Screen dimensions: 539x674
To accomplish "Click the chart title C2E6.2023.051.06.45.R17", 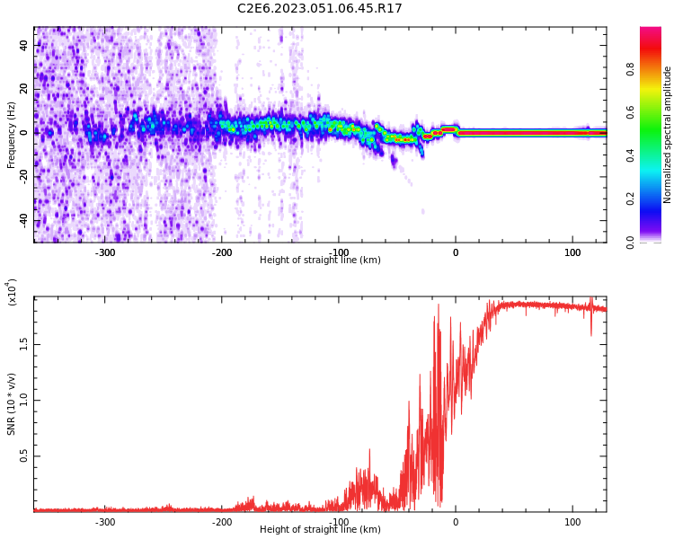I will click(320, 9).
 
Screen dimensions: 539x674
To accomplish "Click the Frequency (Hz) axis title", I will click(12, 135).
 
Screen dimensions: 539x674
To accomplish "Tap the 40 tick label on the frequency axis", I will click(25, 45).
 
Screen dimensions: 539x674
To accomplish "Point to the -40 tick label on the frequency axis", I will click(25, 220).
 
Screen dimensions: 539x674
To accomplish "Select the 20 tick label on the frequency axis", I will click(25, 88).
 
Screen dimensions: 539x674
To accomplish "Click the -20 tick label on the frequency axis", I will click(25, 176).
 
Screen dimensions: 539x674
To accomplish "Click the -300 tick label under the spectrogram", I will click(105, 252).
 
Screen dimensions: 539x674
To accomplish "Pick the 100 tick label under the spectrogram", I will click(572, 252).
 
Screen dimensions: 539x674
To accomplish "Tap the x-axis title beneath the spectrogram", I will click(320, 261).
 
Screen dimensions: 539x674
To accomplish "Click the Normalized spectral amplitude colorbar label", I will click(668, 135).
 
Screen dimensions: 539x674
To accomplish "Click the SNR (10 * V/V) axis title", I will click(12, 404).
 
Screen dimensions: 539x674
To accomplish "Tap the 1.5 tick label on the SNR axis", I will click(24, 343).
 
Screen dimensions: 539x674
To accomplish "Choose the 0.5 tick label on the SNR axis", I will click(24, 456).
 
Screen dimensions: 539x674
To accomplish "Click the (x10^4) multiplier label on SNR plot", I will click(12, 293).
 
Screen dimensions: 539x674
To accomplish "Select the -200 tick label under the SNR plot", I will click(222, 522).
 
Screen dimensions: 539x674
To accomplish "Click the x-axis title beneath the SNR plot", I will click(320, 530).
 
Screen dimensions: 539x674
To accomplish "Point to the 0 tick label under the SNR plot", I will click(456, 522).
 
